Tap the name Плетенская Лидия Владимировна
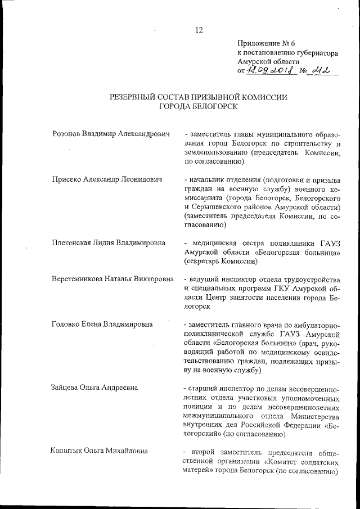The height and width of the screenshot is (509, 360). pos(108,243)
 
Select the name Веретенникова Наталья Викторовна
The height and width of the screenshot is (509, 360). pos(112,280)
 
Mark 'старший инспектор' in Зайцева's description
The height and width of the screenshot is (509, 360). pos(223,388)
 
